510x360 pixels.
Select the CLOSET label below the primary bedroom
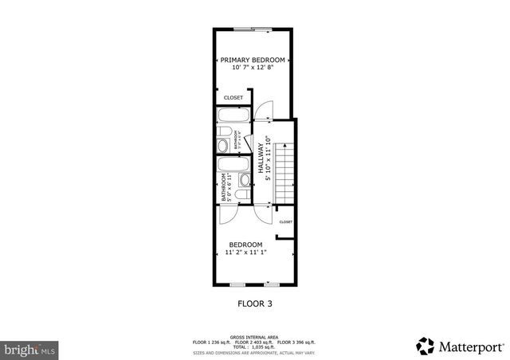[233, 97]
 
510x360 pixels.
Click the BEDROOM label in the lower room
[245, 244]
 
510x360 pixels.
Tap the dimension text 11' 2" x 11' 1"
[245, 252]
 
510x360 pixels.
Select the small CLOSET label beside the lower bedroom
[285, 222]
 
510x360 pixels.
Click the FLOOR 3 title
[255, 303]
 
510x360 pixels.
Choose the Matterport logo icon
[425, 346]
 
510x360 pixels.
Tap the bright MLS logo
[29, 349]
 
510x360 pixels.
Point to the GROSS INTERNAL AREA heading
[255, 337]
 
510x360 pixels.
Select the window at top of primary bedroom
[257, 29]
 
